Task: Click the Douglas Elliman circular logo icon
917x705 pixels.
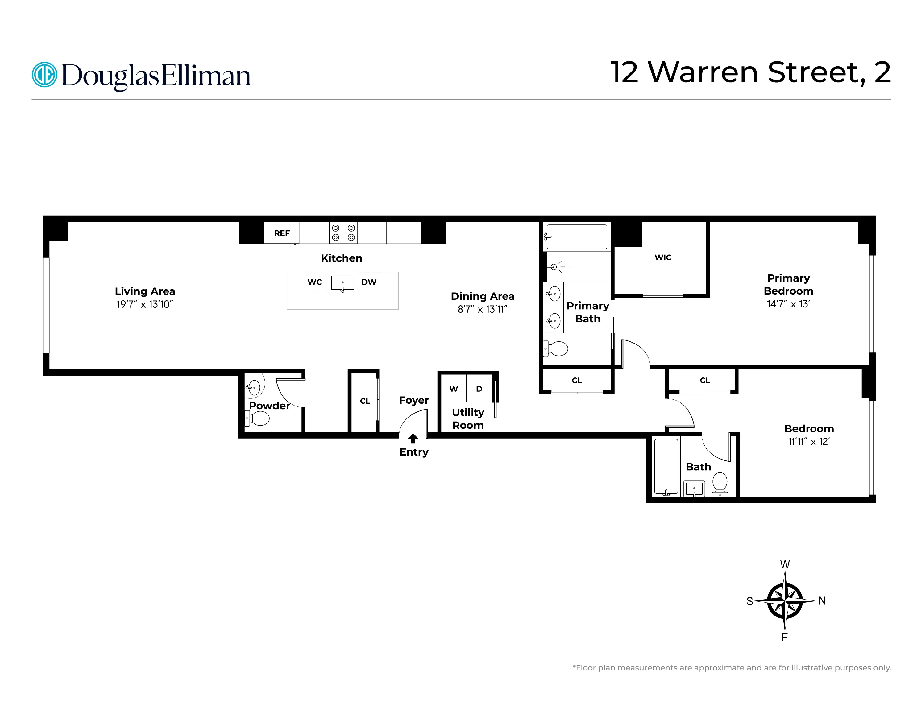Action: pos(44,75)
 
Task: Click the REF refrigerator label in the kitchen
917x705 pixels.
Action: pos(282,233)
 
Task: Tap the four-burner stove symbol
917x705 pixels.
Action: pos(343,233)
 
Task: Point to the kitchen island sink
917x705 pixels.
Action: pos(342,283)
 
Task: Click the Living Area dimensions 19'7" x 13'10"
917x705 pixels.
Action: pos(145,305)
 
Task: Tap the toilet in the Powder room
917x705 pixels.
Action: pos(259,418)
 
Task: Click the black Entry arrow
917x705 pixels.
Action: pos(413,439)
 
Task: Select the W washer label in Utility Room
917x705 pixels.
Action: pos(454,389)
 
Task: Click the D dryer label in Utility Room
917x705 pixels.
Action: pos(479,389)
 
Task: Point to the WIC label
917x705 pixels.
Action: pos(663,258)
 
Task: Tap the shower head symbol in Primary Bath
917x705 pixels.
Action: pos(554,266)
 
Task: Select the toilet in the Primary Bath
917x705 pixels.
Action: pos(557,348)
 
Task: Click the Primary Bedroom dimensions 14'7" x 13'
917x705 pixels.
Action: pos(788,304)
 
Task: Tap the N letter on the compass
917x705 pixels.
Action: pos(822,601)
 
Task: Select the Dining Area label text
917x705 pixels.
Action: pos(483,296)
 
